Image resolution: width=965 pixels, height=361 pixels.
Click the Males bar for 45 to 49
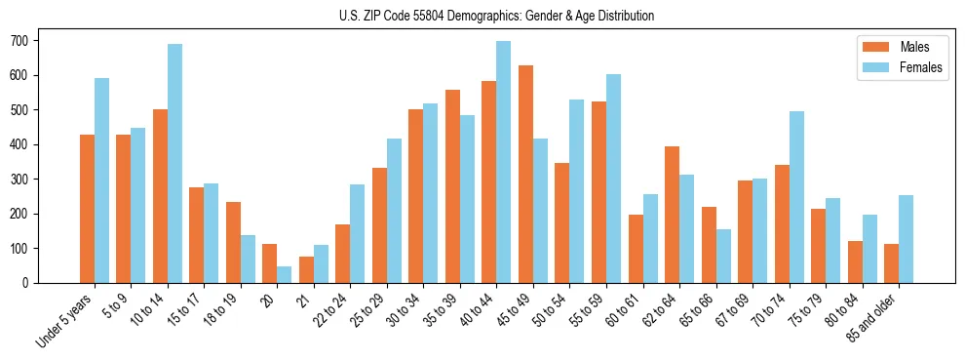[x=526, y=174]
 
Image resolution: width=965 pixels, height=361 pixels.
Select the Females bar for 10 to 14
[x=174, y=163]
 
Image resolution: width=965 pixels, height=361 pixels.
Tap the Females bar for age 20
[x=285, y=274]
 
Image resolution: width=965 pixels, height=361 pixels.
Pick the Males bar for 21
[x=306, y=269]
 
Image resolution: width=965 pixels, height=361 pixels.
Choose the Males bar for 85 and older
[x=892, y=263]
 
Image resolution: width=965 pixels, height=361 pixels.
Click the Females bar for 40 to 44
[x=504, y=162]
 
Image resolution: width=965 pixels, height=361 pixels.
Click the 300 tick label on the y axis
[x=27, y=180]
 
